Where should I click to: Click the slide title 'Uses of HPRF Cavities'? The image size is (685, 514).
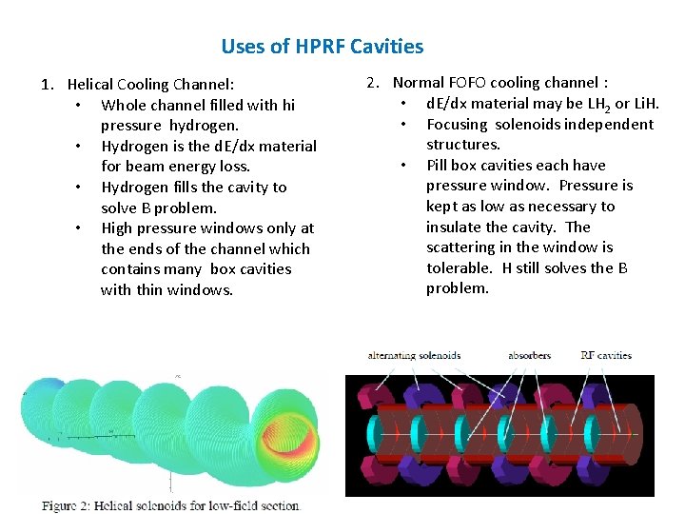(x=322, y=46)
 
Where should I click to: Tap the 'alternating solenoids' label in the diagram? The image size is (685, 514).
(x=414, y=356)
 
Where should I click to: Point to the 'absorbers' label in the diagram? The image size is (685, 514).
(x=529, y=356)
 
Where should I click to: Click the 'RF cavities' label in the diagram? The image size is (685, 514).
(x=606, y=356)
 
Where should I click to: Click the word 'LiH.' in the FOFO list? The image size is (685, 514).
(x=643, y=103)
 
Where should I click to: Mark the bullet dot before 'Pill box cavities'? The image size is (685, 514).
(x=404, y=166)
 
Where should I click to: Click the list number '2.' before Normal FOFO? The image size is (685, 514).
(x=374, y=83)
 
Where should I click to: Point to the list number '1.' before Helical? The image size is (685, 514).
(x=47, y=85)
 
